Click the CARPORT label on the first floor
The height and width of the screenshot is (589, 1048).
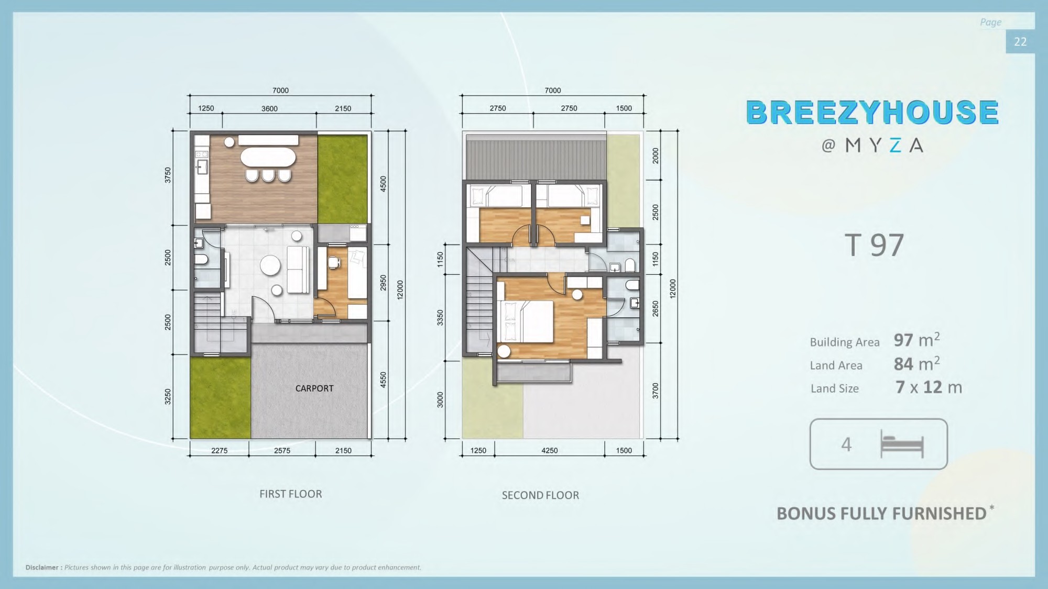point(314,388)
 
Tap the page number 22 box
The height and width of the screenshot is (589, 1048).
point(1020,41)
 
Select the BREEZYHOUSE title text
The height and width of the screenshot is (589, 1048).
point(872,112)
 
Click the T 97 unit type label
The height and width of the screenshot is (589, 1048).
point(874,245)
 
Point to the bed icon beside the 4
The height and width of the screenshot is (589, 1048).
point(902,444)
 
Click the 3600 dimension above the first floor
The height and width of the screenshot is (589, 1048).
point(269,109)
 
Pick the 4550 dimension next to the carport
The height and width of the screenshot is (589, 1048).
point(383,380)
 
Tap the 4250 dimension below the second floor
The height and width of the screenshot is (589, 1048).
point(550,450)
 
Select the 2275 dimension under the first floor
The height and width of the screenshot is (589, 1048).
point(219,450)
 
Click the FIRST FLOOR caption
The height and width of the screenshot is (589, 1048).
point(291,494)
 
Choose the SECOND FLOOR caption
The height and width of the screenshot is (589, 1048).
point(540,495)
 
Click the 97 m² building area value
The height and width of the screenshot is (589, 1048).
point(916,340)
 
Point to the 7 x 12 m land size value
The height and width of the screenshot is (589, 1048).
point(929,387)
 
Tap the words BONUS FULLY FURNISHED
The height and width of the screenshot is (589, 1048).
point(881,514)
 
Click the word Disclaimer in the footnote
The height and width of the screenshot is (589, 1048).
point(42,568)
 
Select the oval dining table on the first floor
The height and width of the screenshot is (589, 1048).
point(268,157)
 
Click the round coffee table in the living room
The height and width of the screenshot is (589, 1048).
point(271,265)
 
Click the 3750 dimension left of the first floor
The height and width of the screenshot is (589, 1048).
point(168,175)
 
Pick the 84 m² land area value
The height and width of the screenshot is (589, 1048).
point(916,364)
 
